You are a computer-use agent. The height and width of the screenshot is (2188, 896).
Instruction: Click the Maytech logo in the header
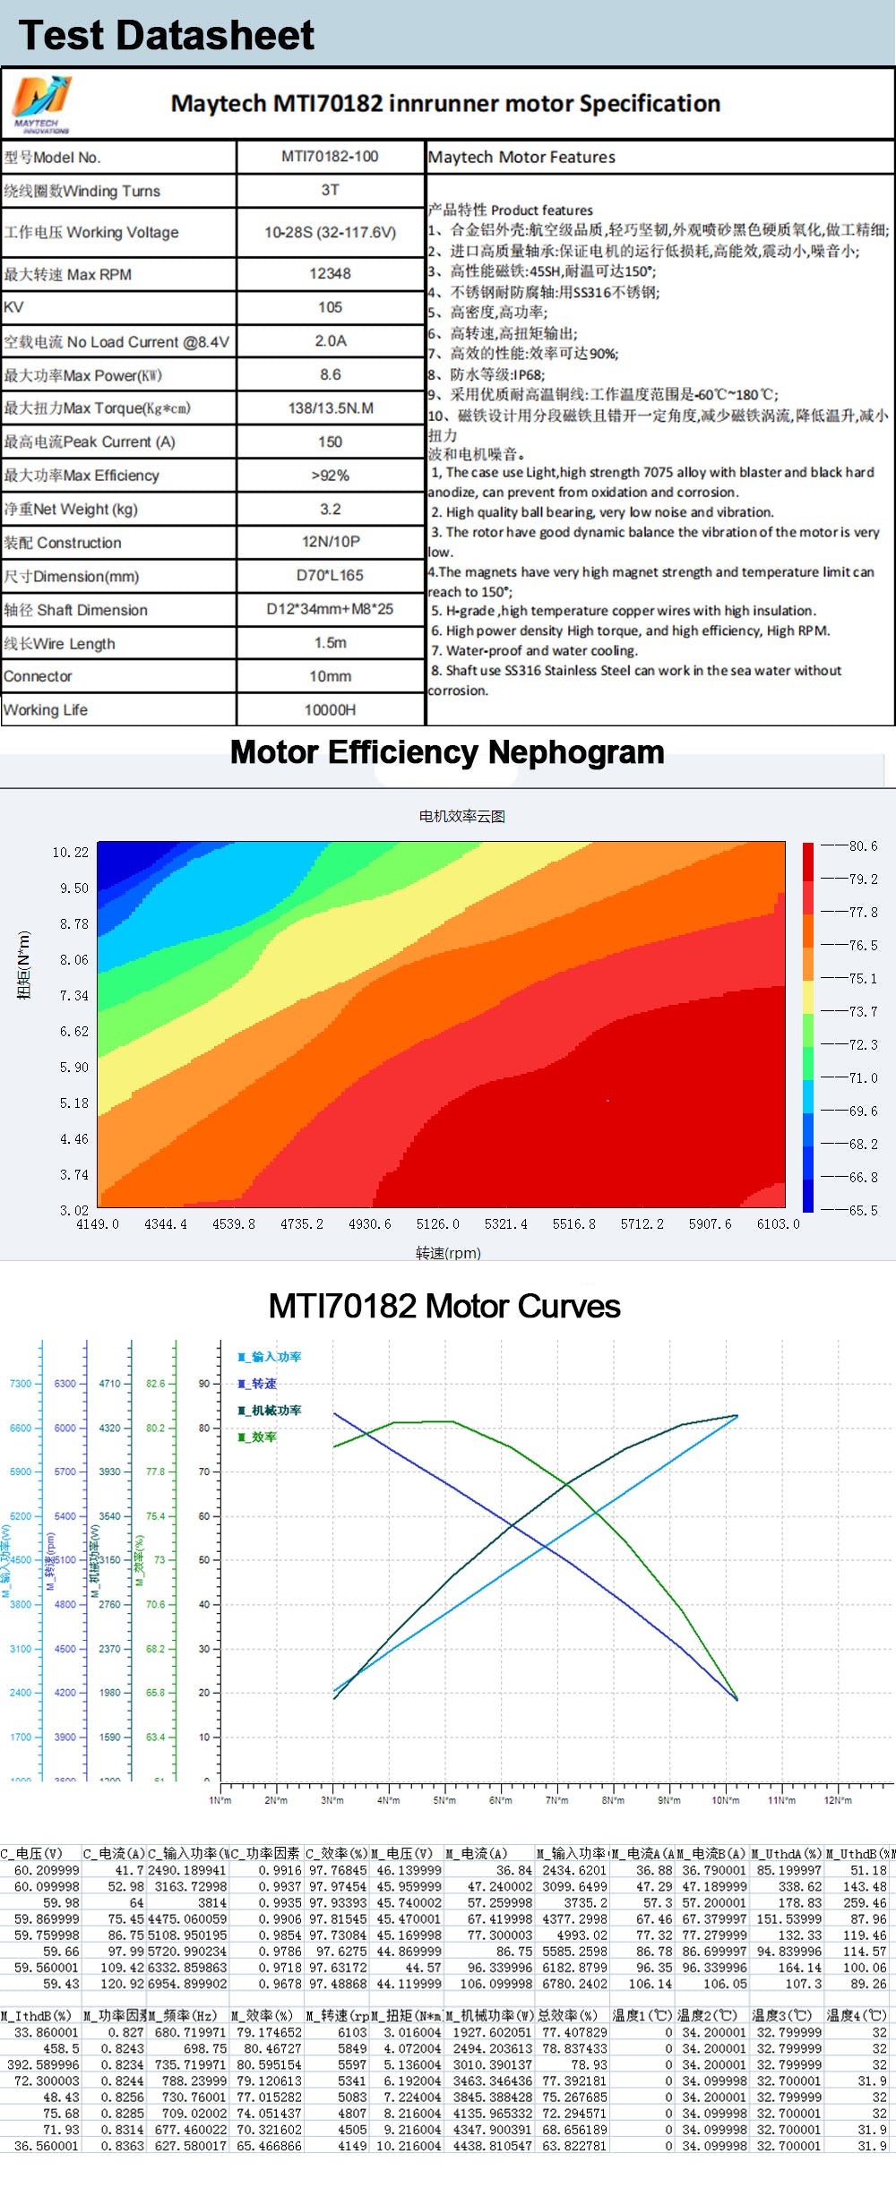coord(41,103)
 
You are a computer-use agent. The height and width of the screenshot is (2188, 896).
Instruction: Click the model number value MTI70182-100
coord(330,157)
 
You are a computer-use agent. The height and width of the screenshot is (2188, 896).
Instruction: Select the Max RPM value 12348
coord(330,274)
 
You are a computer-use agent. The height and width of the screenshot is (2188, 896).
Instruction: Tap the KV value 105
coord(330,307)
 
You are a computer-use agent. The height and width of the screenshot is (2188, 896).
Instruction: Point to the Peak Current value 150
coord(330,442)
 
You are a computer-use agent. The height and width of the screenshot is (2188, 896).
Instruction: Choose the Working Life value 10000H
coord(330,710)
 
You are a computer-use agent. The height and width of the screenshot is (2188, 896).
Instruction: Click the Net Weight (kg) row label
coord(71,510)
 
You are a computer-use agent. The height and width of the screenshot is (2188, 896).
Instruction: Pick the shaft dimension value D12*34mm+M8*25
coord(330,609)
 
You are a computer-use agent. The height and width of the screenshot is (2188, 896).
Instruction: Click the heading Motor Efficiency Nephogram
coord(447,752)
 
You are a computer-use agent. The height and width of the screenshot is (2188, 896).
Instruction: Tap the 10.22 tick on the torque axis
coord(71,852)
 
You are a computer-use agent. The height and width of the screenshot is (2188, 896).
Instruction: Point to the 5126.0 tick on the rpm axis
coord(437,1223)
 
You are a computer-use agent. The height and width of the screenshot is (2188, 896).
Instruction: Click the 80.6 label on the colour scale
coord(863,845)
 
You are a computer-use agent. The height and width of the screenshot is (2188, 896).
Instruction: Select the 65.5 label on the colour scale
coord(863,1210)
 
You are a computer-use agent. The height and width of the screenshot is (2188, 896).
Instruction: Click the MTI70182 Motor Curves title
coord(444,1306)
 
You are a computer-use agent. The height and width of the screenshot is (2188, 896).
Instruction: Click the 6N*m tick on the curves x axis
coord(501,1800)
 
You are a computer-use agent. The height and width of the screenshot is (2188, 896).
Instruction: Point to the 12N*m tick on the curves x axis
coord(838,1800)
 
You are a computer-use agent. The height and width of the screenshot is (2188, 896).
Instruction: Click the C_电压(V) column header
coord(32,1853)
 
